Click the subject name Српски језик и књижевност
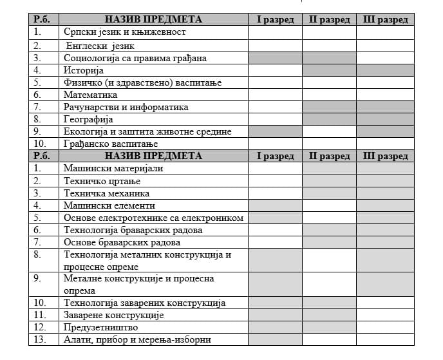[x=124, y=32]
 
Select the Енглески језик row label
[x=99, y=46]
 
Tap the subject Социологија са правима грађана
[x=135, y=58]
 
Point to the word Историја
[x=84, y=70]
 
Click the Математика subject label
[x=90, y=95]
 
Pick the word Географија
[x=88, y=119]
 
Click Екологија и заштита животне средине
[x=147, y=131]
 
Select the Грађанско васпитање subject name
[x=110, y=144]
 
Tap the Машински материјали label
[x=113, y=168]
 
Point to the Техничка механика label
[x=106, y=193]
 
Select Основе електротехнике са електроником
[x=153, y=218]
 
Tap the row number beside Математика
[x=39, y=95]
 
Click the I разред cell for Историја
[x=275, y=70]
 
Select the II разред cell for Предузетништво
[x=329, y=327]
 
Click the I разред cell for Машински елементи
[x=275, y=205]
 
